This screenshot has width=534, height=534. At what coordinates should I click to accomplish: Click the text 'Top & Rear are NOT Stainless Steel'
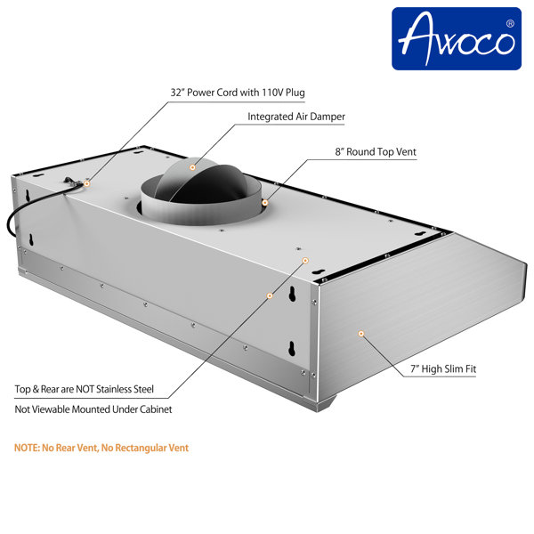point(85,389)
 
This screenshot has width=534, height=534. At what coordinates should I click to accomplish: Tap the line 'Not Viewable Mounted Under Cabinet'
point(93,409)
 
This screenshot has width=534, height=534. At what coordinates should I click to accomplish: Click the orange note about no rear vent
point(101,448)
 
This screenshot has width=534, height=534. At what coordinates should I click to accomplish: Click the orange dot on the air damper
point(191,166)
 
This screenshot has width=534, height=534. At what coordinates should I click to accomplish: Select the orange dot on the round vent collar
point(264,203)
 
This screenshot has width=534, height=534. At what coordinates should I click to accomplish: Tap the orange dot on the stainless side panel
point(360,333)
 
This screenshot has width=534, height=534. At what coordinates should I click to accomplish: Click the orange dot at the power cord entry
point(86,182)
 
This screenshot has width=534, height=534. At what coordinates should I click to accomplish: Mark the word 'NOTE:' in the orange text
point(28,448)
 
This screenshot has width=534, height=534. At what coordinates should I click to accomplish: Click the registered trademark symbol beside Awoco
point(509,23)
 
